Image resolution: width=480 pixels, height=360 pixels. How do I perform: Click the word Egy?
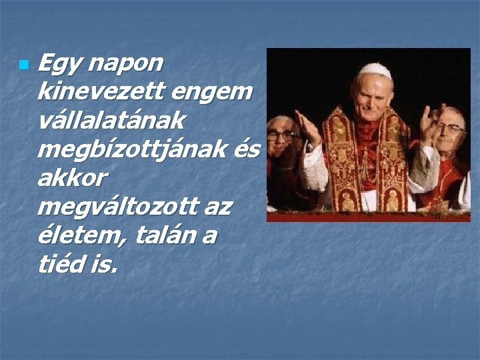[59, 64]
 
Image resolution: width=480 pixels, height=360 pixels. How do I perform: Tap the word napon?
[126, 64]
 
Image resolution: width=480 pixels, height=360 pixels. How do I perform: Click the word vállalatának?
[111, 121]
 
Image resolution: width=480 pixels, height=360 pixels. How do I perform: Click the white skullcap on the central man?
[375, 69]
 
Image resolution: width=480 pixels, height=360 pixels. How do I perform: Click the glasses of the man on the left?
[281, 135]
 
